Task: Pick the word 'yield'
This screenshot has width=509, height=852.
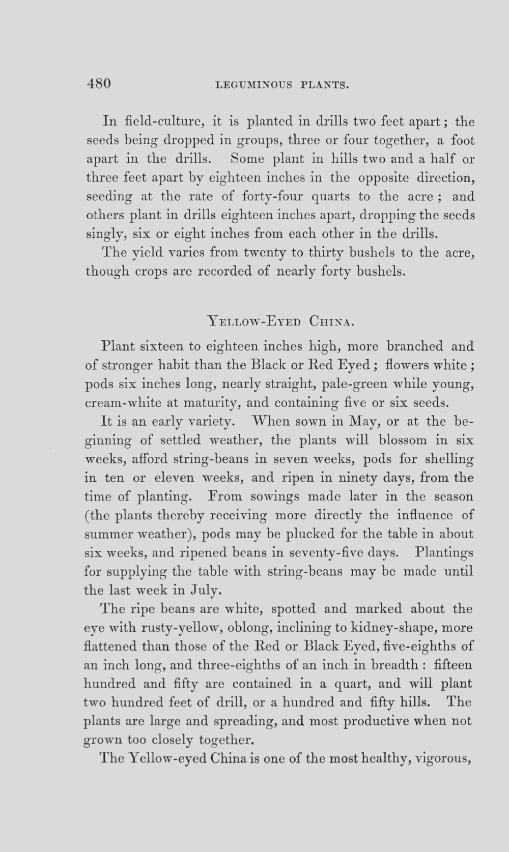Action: pos(147,253)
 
